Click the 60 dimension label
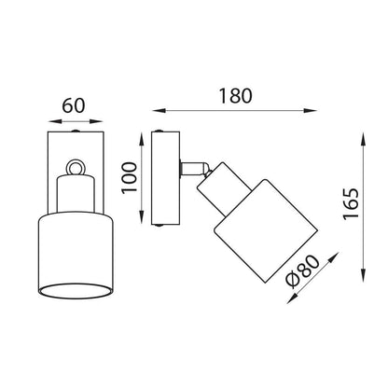tap(74, 105)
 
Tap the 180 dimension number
tap(236, 96)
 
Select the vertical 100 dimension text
tap(130, 178)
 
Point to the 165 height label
tap(351, 204)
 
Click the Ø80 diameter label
tap(302, 271)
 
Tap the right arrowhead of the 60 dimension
tap(96, 121)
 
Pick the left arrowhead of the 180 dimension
tap(159, 110)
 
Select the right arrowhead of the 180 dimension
tap(311, 110)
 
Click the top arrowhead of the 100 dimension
tap(142, 139)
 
